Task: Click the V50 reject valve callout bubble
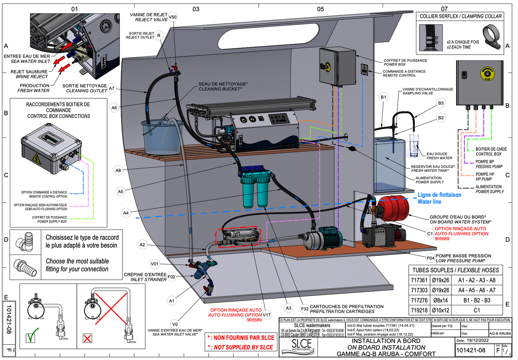pyautogui.click(x=172, y=17)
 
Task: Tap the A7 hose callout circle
pyautogui.click(x=112, y=88)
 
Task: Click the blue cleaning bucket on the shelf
pyautogui.click(x=162, y=136)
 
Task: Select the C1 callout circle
pyautogui.click(x=430, y=233)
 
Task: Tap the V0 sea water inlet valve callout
pyautogui.click(x=174, y=323)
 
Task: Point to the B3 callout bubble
pyautogui.click(x=441, y=103)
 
